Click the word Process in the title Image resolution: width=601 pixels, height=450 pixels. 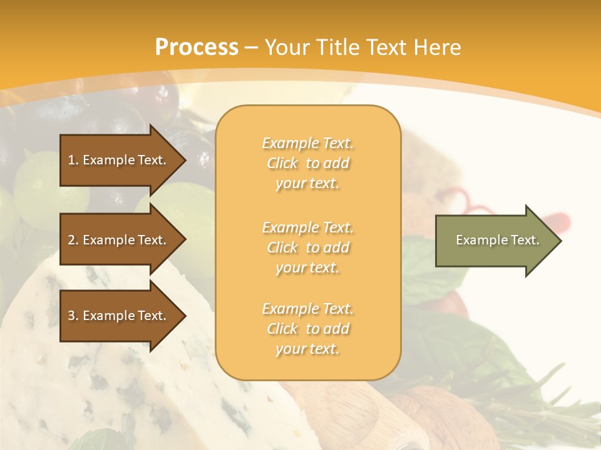tap(197, 47)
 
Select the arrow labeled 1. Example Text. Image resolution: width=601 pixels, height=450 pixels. tap(119, 160)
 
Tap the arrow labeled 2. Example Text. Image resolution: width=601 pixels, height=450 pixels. tap(119, 240)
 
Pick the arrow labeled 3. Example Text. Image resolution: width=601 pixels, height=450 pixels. tap(119, 316)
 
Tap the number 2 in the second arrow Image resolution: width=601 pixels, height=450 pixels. tap(71, 240)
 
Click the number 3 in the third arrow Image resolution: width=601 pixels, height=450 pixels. tap(71, 316)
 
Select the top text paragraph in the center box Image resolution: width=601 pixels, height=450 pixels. tap(307, 163)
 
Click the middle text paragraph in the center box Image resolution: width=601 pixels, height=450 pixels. tap(307, 247)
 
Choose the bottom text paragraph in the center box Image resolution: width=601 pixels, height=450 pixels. tap(307, 329)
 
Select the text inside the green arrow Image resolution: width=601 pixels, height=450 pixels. tap(497, 240)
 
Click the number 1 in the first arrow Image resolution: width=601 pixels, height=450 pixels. tap(71, 160)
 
